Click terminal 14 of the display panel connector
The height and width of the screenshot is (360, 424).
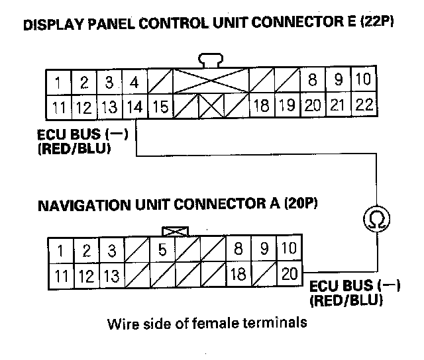click(134, 106)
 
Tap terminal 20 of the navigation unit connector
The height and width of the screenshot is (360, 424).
click(290, 275)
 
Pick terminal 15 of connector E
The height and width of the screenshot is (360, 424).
click(159, 106)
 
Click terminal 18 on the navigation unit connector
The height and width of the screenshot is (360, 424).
click(237, 275)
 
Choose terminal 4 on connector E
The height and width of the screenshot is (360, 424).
click(134, 83)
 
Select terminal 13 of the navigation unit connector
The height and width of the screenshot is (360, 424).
click(111, 275)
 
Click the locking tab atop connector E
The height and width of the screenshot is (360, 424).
click(211, 62)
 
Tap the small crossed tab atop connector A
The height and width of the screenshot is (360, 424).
click(175, 232)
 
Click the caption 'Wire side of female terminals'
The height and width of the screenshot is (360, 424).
click(207, 324)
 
